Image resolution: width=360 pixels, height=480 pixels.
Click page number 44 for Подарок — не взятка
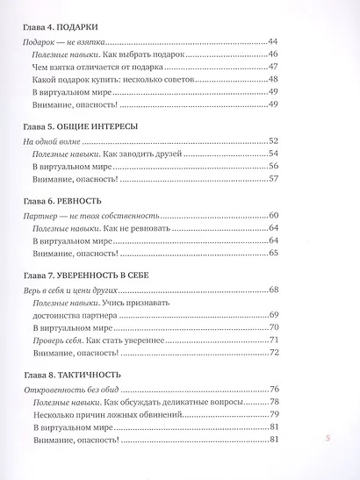[273, 41]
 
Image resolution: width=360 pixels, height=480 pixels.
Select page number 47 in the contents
[273, 67]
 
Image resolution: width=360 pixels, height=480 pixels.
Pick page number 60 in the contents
[273, 216]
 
